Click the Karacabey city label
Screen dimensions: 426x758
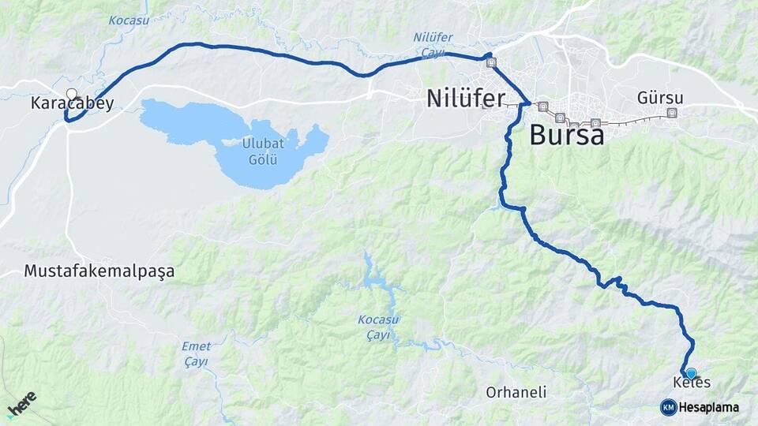[x=72, y=103]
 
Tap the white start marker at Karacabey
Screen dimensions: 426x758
[x=72, y=95]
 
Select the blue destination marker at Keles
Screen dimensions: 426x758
[x=691, y=373]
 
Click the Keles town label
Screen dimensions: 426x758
[x=692, y=383]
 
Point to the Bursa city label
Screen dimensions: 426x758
[x=567, y=135]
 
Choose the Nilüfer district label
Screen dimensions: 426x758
[x=465, y=99]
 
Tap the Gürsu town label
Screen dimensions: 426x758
[x=660, y=99]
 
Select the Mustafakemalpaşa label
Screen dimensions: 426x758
[x=99, y=271]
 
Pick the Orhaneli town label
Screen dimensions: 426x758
[x=516, y=392]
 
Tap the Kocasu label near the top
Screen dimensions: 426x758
[x=129, y=21]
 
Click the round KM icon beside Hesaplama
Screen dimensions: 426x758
[x=668, y=407]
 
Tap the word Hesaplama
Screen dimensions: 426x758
[x=708, y=407]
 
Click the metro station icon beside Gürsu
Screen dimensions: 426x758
[x=672, y=113]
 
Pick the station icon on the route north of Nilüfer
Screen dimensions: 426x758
[x=492, y=63]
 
